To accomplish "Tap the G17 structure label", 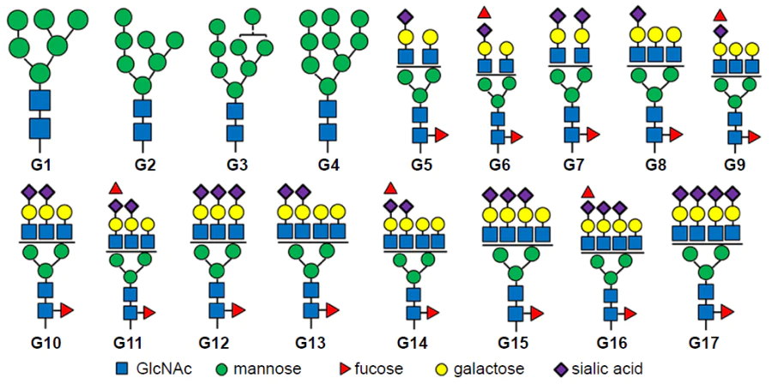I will [x=706, y=342].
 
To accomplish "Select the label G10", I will [x=46, y=342].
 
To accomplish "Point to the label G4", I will [x=327, y=163].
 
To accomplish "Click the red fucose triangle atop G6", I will [x=484, y=12].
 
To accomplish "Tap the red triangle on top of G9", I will [x=720, y=15].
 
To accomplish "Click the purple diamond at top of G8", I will [x=636, y=13].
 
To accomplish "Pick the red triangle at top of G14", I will [x=390, y=188].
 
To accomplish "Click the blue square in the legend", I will [x=124, y=368].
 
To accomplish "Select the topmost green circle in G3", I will [x=252, y=16].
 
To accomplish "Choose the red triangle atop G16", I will [x=588, y=190].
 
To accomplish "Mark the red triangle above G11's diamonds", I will [x=116, y=188].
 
